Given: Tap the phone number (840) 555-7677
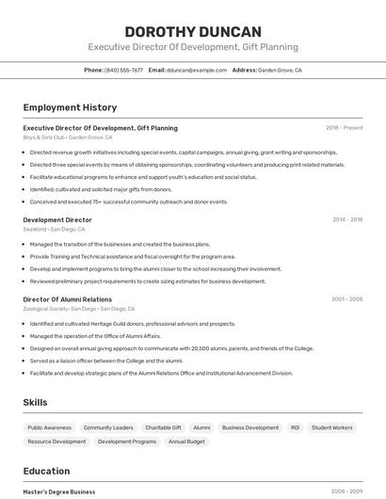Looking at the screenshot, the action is [124, 70].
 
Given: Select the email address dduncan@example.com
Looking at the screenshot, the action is [197, 70].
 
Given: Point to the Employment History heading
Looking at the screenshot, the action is [70, 107].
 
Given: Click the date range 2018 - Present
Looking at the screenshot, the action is [344, 128].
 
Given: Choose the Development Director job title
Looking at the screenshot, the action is [57, 219].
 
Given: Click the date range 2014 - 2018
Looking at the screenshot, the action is [347, 219].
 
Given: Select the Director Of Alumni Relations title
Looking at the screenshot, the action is [67, 299].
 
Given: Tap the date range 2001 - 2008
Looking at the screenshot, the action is [346, 299].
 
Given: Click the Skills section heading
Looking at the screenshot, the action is [35, 402].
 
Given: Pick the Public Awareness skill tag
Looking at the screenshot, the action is [49, 427].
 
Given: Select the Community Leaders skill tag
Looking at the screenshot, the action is [108, 427].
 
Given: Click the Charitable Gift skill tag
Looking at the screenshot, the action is [163, 427].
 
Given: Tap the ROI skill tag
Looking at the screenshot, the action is [295, 427].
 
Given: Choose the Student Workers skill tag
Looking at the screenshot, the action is [332, 427].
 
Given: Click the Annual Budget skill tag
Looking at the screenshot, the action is [186, 442].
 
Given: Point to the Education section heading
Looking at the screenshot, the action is [46, 471].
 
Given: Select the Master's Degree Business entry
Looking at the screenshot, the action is [59, 491].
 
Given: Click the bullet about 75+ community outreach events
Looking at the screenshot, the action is [129, 201].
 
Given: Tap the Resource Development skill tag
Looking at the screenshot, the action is [56, 442].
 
